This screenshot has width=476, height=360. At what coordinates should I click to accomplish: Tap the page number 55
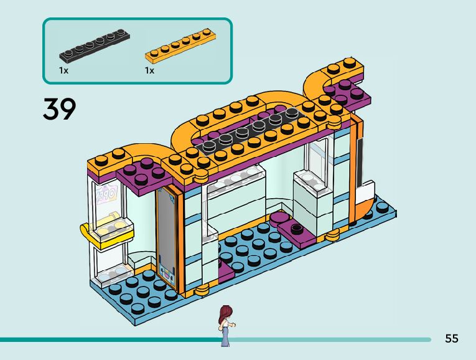coord(452,339)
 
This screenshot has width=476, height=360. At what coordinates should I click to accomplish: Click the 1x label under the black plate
coord(63,70)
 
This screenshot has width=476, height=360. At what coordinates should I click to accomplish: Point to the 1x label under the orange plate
coord(149,70)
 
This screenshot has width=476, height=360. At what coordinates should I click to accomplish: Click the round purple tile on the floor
coord(279,217)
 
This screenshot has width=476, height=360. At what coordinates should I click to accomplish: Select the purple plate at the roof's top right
coord(347,92)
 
